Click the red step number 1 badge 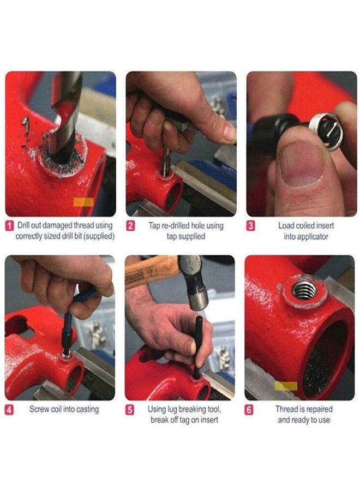(x=9, y=225)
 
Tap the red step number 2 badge (x=130, y=225)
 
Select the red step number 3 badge (x=250, y=225)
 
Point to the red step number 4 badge (x=9, y=409)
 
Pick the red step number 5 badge (x=130, y=409)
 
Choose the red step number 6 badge (x=249, y=409)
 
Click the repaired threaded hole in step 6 (x=303, y=290)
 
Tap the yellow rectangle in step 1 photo (x=83, y=202)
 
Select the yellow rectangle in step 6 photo (x=286, y=386)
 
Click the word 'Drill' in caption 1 (x=24, y=225)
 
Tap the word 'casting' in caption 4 (x=87, y=409)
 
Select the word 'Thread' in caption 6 (x=287, y=409)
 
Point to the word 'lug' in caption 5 (x=172, y=409)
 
